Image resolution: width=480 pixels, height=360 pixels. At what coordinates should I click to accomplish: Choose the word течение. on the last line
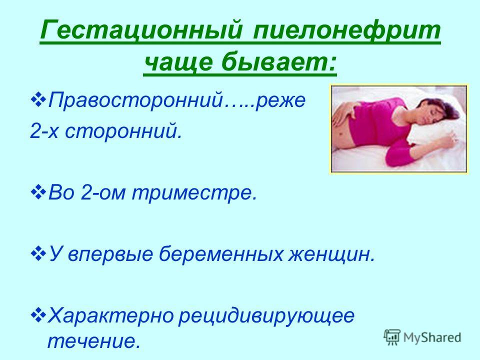[x=92, y=340]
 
